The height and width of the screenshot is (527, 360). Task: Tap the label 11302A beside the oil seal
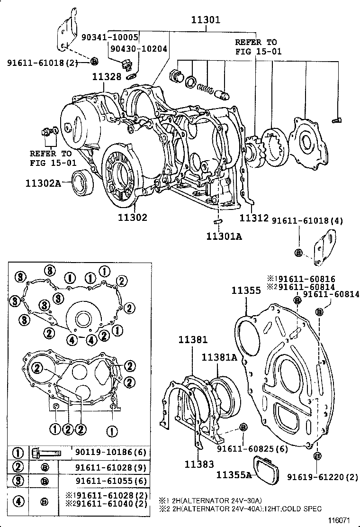click(x=43, y=183)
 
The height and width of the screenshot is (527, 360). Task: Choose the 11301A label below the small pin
click(x=224, y=236)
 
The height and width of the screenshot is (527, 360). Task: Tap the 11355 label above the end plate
click(x=246, y=291)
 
